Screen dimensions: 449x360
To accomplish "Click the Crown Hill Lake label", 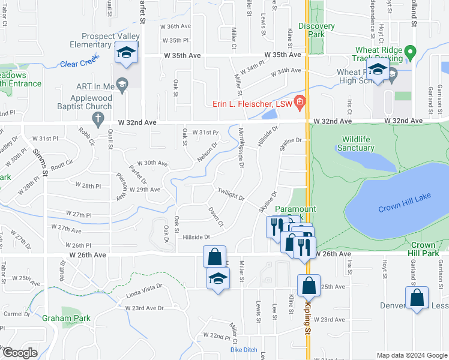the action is coord(401,209).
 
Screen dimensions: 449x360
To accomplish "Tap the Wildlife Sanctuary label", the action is coord(360,143).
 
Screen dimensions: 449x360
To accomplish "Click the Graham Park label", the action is coord(66,319).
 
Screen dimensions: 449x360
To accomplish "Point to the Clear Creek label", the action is coord(79,64).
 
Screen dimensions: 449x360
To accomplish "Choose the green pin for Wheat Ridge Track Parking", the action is coord(410,53).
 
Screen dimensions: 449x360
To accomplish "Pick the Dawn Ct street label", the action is coord(216,217).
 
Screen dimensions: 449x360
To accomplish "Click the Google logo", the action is coord(20,353).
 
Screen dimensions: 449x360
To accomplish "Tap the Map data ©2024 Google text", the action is coord(412,355).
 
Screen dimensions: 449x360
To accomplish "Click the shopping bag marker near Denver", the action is coord(417,298).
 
